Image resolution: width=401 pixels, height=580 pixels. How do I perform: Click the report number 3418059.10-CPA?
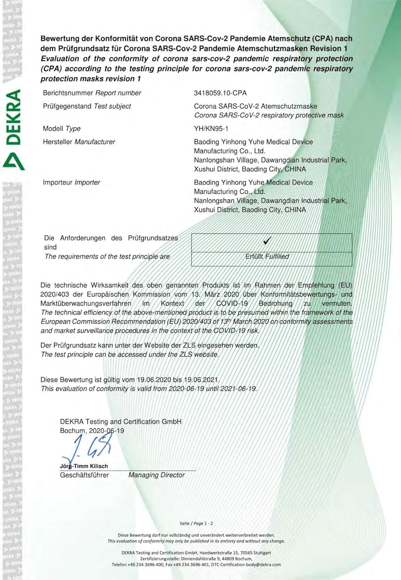coord(220,93)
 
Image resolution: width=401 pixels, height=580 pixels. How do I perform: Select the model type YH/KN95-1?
coord(211,128)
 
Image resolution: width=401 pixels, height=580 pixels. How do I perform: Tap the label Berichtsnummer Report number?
coord(92,93)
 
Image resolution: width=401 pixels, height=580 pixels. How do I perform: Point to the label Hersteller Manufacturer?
coord(79,142)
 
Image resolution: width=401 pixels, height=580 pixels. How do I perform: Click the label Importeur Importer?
coord(72,182)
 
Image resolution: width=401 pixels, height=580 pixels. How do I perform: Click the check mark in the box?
coord(267,241)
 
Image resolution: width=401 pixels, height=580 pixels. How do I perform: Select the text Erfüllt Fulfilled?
coord(267,256)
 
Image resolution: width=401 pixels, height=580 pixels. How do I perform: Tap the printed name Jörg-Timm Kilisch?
coord(84,466)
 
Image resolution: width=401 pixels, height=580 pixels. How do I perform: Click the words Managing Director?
coord(156,475)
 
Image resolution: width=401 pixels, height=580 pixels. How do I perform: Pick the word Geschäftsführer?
coord(84,475)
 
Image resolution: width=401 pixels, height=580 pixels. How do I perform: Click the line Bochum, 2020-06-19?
coord(92,430)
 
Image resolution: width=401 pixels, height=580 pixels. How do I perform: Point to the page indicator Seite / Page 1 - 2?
coord(196,523)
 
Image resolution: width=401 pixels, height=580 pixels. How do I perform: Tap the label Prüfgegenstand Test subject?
coord(87,106)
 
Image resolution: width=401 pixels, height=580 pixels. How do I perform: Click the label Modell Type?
coord(61,128)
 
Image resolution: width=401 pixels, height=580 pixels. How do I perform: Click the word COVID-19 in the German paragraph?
coord(232,304)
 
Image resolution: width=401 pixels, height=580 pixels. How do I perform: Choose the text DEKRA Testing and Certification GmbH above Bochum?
coord(121,421)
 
